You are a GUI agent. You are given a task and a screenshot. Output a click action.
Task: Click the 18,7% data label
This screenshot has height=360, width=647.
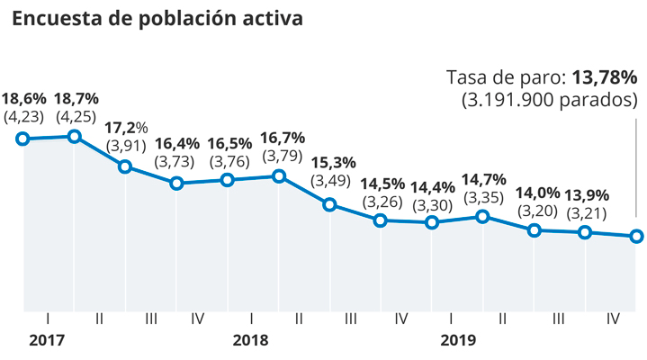(x=76, y=98)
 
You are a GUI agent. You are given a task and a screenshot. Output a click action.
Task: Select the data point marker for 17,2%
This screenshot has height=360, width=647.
(x=125, y=166)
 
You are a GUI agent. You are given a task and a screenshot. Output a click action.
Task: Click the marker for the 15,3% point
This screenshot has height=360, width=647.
(x=330, y=204)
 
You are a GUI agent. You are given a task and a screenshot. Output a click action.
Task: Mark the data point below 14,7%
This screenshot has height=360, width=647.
(x=483, y=216)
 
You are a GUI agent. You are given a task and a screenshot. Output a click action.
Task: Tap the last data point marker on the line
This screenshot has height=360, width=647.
(x=636, y=237)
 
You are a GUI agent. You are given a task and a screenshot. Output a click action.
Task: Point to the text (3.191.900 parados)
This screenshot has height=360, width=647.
(x=548, y=99)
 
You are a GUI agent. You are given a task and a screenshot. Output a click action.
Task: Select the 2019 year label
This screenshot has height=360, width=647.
(x=457, y=341)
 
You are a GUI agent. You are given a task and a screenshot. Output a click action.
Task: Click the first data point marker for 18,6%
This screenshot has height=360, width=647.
(x=23, y=139)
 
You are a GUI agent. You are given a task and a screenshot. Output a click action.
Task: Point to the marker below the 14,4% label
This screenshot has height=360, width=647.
(x=432, y=222)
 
